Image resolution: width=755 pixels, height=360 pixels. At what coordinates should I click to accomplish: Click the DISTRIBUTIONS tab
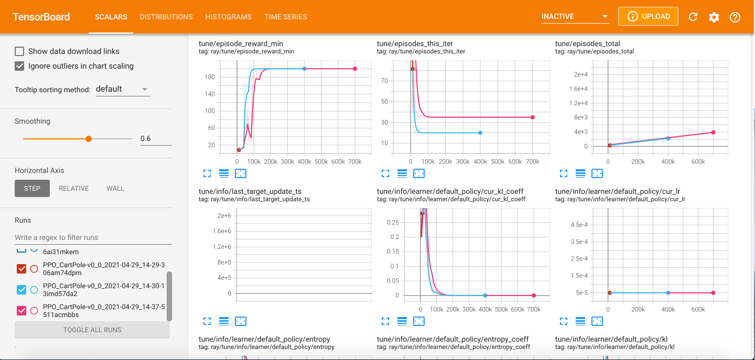[166, 17]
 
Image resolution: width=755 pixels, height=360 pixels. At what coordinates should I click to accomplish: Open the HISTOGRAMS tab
[229, 17]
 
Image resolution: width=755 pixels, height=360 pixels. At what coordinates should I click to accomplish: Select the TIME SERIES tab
[286, 17]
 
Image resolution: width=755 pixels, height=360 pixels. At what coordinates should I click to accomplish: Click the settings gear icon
[714, 17]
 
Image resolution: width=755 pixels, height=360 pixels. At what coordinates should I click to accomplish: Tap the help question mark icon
[735, 17]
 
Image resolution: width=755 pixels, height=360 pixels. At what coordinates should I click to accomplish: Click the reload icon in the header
[693, 17]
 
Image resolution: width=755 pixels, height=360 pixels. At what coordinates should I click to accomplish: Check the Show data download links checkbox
[19, 51]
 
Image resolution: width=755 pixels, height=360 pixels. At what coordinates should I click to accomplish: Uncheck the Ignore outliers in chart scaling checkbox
[19, 66]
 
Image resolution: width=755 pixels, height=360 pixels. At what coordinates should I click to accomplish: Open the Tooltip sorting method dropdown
[123, 89]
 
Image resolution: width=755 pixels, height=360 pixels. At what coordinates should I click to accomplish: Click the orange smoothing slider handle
[89, 139]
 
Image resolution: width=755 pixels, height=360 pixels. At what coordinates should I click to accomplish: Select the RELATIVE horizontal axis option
[74, 188]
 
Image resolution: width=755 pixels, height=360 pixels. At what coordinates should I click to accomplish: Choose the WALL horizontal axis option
[115, 188]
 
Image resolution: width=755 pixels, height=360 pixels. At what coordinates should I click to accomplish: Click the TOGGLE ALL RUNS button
[92, 330]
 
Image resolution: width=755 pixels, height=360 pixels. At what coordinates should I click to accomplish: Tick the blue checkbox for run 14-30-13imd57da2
[21, 290]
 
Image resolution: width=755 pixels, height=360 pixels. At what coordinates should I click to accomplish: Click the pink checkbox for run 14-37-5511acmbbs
[21, 311]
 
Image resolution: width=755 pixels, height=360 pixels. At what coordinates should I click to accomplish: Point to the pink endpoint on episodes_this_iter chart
[532, 117]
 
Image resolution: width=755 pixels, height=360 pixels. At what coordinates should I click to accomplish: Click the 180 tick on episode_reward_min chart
[210, 77]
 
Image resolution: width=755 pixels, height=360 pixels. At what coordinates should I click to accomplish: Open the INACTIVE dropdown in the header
[575, 17]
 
